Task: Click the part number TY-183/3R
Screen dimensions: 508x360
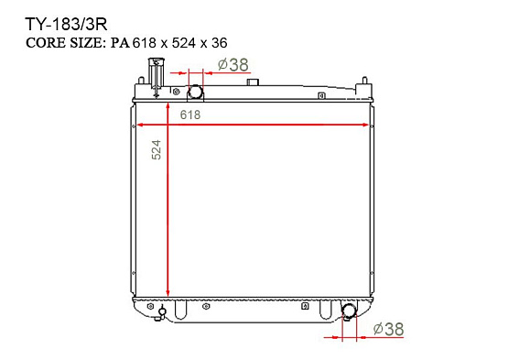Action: tap(66, 25)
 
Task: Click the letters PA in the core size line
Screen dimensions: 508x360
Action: tap(121, 43)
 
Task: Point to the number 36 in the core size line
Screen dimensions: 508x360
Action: tap(220, 43)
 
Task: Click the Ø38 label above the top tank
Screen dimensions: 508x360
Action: tap(233, 64)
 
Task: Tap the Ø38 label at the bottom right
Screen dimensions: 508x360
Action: tap(388, 329)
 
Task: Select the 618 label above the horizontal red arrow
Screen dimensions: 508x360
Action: tap(190, 115)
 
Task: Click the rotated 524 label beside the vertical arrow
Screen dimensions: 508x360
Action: tap(157, 149)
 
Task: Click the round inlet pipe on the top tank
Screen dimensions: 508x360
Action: tap(195, 92)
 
